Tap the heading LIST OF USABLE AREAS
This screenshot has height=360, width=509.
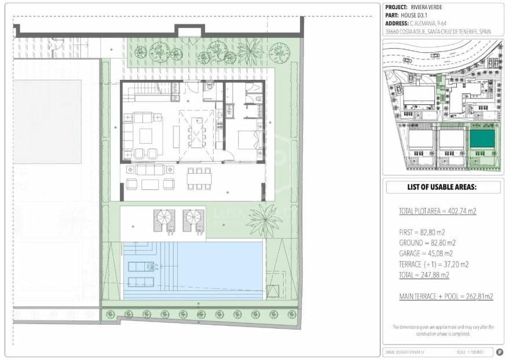[442, 188]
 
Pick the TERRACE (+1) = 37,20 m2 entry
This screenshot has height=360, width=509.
[434, 264]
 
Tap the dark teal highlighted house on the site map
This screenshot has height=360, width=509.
[482, 139]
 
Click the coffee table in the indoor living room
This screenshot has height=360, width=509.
[145, 135]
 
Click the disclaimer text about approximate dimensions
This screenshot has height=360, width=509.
[443, 330]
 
